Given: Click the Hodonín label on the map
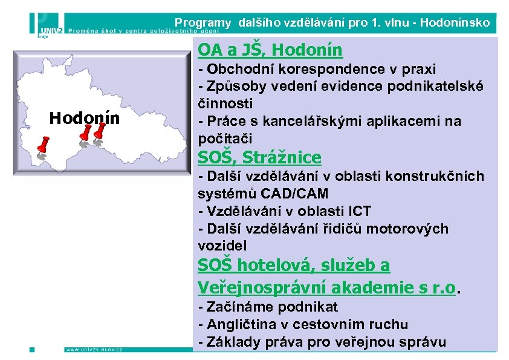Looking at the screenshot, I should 84,118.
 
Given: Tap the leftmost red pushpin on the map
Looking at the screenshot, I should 43,145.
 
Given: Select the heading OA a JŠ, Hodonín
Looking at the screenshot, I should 270,50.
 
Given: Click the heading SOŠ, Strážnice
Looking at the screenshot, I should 259,158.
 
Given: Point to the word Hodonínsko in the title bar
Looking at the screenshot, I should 455,24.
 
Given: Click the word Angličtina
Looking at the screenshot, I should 242,324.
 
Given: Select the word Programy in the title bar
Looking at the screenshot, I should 203,24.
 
